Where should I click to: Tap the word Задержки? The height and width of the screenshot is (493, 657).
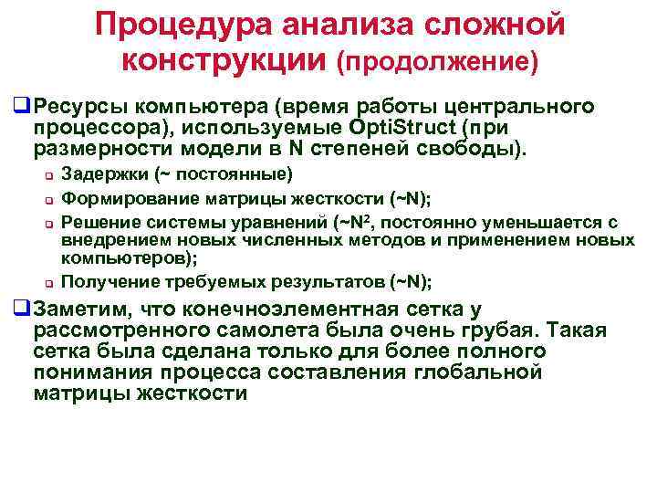click(101, 174)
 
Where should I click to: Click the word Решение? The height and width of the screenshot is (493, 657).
click(94, 221)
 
